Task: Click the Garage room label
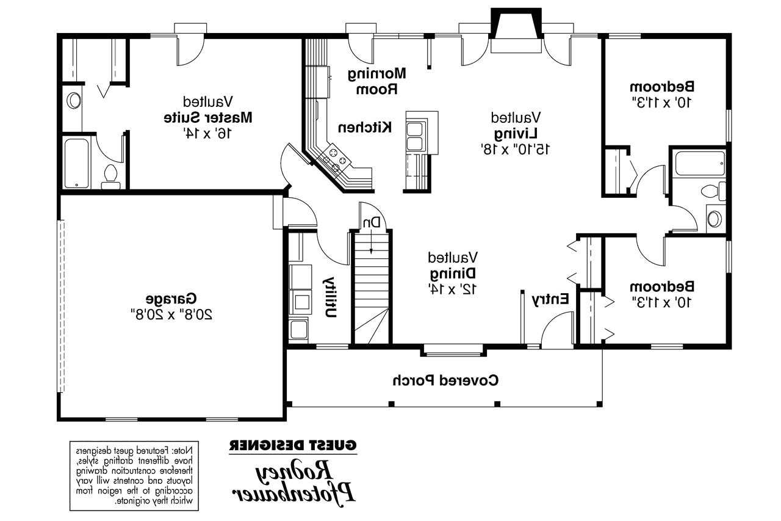(x=171, y=299)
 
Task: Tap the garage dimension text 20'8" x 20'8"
(x=171, y=315)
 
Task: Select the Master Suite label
(x=208, y=116)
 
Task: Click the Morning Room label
(x=376, y=81)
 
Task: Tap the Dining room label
(x=452, y=272)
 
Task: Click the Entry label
(x=550, y=299)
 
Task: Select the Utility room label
(x=329, y=297)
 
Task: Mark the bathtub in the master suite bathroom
(x=77, y=162)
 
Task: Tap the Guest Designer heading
(x=293, y=445)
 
